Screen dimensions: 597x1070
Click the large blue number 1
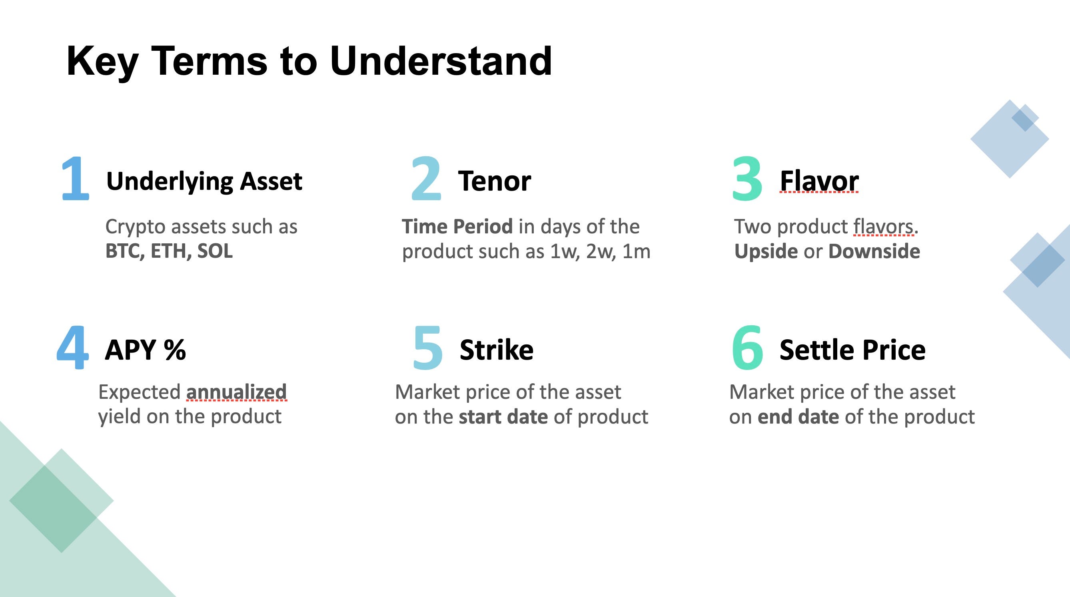coord(75,179)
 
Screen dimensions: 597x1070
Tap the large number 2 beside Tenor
coord(426,179)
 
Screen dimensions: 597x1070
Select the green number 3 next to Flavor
coord(747,179)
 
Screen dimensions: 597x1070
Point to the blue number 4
coord(73,348)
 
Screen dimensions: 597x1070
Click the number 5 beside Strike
coord(428,348)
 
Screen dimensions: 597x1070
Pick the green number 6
coord(747,348)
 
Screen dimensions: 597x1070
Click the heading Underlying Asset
coord(204,181)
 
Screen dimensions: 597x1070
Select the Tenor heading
coord(494,181)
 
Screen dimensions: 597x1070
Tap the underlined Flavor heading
coord(819,181)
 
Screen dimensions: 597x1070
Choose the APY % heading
coord(146,350)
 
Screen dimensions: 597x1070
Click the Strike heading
coord(496,350)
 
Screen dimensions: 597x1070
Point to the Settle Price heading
coord(852,350)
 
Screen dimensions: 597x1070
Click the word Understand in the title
coord(441,62)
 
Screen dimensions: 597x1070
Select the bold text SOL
coord(215,251)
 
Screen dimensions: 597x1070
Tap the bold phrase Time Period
coord(457,227)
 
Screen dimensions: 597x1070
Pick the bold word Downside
coord(874,251)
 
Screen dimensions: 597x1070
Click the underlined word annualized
coord(236,392)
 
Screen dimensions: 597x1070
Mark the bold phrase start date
coord(503,417)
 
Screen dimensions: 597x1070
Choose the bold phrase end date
coord(798,417)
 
